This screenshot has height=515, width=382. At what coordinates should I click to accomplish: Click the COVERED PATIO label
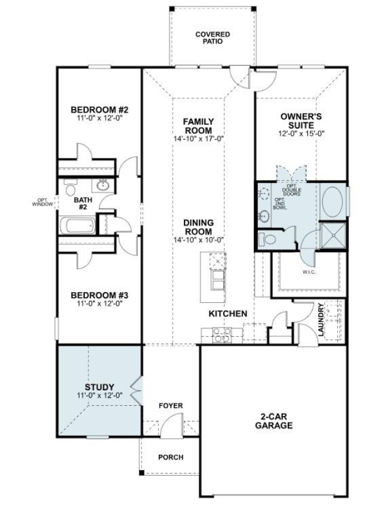(x=212, y=38)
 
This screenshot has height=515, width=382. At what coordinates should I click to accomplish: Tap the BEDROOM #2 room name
(x=100, y=110)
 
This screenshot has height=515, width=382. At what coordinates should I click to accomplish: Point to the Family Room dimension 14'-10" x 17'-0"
(x=199, y=139)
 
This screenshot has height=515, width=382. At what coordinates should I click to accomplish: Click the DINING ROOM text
(x=199, y=227)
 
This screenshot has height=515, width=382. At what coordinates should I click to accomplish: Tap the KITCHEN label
(x=227, y=313)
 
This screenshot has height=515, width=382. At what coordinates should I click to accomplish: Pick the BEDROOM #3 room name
(x=100, y=295)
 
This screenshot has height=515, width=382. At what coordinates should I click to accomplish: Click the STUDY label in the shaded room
(x=100, y=387)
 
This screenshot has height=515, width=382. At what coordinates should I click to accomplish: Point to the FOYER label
(x=170, y=406)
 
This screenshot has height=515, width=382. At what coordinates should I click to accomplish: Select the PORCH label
(x=170, y=457)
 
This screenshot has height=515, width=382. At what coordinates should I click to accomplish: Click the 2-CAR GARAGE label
(x=273, y=421)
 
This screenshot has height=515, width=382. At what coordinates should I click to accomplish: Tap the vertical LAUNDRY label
(x=321, y=320)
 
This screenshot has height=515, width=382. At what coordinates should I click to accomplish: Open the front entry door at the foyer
(x=172, y=424)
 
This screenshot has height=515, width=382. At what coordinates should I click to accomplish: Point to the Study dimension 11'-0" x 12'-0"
(x=100, y=395)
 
